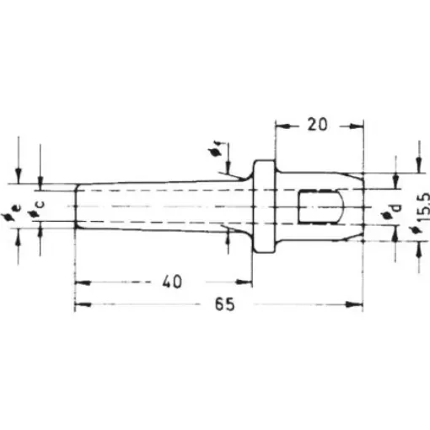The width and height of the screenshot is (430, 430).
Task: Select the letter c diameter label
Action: (x=39, y=205)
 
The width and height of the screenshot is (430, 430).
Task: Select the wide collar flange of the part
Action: (x=265, y=207)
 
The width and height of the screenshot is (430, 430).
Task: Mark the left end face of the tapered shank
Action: (x=75, y=206)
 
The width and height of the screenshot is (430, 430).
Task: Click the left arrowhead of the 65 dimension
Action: (x=80, y=305)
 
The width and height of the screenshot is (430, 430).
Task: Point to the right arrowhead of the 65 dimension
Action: (x=357, y=305)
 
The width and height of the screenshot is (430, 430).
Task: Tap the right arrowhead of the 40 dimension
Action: (x=247, y=280)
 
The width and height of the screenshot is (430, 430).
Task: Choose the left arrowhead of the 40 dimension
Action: (x=80, y=280)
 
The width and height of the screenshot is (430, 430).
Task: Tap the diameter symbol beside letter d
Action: (x=387, y=218)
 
